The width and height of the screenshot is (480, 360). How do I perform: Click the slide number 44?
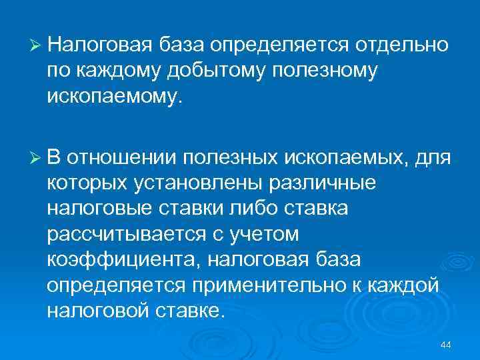(446, 344)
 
